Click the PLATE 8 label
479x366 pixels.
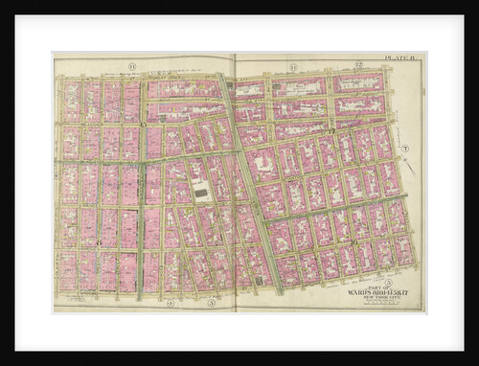point(396,58)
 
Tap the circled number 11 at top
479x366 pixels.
point(132,65)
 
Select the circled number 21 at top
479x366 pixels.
point(294,65)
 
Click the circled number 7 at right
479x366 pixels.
point(404,149)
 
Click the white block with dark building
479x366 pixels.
point(200,191)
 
